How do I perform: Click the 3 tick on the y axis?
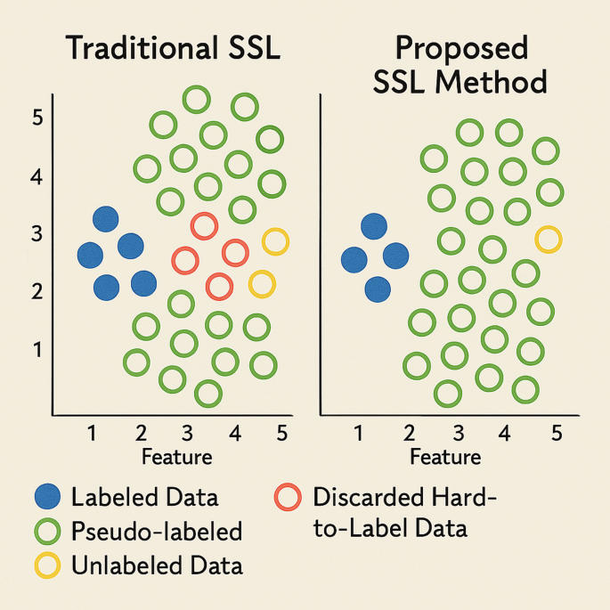(37, 234)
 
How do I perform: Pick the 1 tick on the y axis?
(37, 349)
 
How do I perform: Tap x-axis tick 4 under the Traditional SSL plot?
(235, 434)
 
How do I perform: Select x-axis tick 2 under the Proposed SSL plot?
(409, 434)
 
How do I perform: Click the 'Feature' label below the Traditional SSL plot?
(176, 458)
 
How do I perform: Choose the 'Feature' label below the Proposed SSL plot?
(445, 458)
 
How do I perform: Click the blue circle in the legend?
(46, 498)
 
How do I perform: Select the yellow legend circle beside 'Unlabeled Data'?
(46, 565)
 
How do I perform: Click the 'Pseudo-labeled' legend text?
(156, 533)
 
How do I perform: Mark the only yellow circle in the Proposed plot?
(549, 239)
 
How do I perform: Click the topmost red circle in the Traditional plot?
(203, 225)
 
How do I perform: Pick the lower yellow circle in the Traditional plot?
(261, 284)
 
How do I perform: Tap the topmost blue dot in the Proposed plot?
(374, 227)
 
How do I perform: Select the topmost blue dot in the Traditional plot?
(106, 218)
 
